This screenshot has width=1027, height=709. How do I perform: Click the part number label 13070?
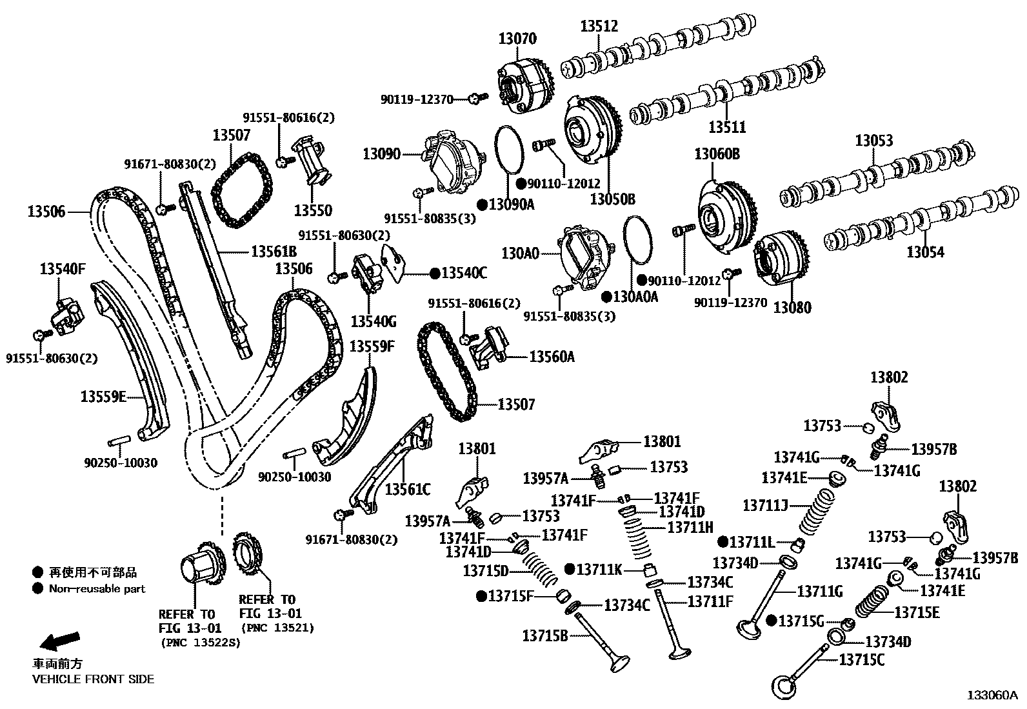click(517, 39)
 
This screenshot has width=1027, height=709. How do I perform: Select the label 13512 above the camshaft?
click(599, 26)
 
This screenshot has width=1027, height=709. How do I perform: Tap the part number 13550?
click(313, 210)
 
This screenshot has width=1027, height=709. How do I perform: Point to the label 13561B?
click(274, 252)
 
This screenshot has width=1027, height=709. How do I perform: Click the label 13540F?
click(63, 269)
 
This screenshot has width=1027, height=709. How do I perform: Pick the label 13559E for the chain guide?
click(103, 396)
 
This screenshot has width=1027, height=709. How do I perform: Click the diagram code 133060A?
click(992, 695)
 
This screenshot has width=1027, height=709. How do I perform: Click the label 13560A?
click(552, 356)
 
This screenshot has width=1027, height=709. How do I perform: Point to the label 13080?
click(792, 308)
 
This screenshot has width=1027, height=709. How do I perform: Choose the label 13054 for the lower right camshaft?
click(925, 253)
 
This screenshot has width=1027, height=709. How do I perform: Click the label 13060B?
click(717, 154)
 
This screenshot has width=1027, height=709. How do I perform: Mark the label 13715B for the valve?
click(545, 635)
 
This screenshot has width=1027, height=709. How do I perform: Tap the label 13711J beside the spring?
click(766, 505)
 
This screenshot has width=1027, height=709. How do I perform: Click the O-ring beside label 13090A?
click(511, 150)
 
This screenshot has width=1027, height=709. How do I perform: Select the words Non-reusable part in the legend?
click(97, 588)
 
